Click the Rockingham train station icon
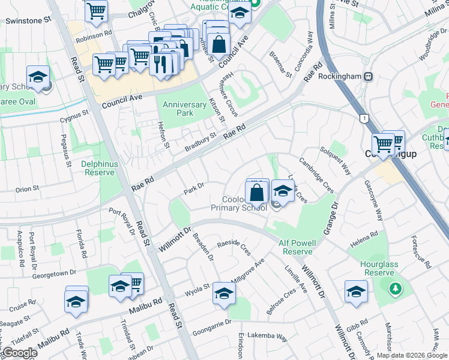pyautogui.click(x=368, y=77)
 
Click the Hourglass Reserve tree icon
pyautogui.click(x=395, y=289)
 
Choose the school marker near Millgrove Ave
pyautogui.click(x=224, y=293)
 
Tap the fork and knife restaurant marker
pyautogui.click(x=160, y=63)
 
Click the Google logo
pyautogui.click(x=20, y=353)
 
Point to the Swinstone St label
pyautogui.click(x=28, y=20)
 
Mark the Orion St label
pyautogui.click(x=27, y=189)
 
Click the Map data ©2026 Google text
pyautogui.click(x=412, y=355)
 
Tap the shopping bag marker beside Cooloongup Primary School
pyautogui.click(x=256, y=193)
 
